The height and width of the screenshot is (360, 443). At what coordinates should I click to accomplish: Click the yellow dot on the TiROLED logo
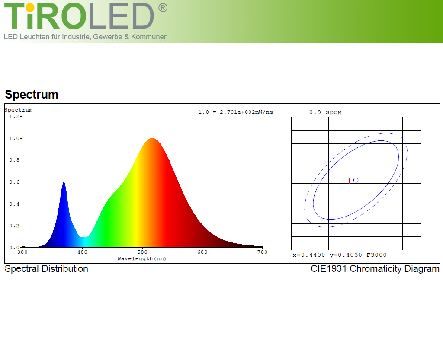30,8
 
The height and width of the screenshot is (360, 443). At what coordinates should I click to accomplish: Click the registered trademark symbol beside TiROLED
163,8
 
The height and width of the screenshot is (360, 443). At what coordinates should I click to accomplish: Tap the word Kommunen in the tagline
149,37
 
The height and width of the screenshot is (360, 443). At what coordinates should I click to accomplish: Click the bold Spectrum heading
31,94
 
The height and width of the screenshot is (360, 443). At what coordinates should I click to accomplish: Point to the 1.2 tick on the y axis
14,116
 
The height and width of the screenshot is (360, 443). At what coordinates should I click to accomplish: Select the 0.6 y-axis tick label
14,182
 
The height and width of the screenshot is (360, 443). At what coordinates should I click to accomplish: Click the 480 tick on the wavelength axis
82,252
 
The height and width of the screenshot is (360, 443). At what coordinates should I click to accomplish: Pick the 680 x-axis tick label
202,252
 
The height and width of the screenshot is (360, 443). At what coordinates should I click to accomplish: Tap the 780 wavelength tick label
262,252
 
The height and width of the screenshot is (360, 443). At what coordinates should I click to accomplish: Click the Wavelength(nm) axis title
141,258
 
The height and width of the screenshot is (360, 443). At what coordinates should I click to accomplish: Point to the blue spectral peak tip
64,182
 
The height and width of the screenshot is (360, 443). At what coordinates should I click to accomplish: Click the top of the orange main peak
152,138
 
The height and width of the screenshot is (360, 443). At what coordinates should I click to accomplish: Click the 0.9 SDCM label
325,112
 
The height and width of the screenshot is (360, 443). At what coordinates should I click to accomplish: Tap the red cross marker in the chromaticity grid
349,181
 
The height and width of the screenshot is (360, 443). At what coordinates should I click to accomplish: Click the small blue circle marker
356,180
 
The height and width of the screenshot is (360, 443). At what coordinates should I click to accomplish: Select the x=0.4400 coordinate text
309,255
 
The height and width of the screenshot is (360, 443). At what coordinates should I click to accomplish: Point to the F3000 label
377,255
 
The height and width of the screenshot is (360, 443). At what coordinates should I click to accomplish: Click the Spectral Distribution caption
46,268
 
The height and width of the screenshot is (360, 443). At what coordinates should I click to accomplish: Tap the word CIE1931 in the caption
329,268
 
